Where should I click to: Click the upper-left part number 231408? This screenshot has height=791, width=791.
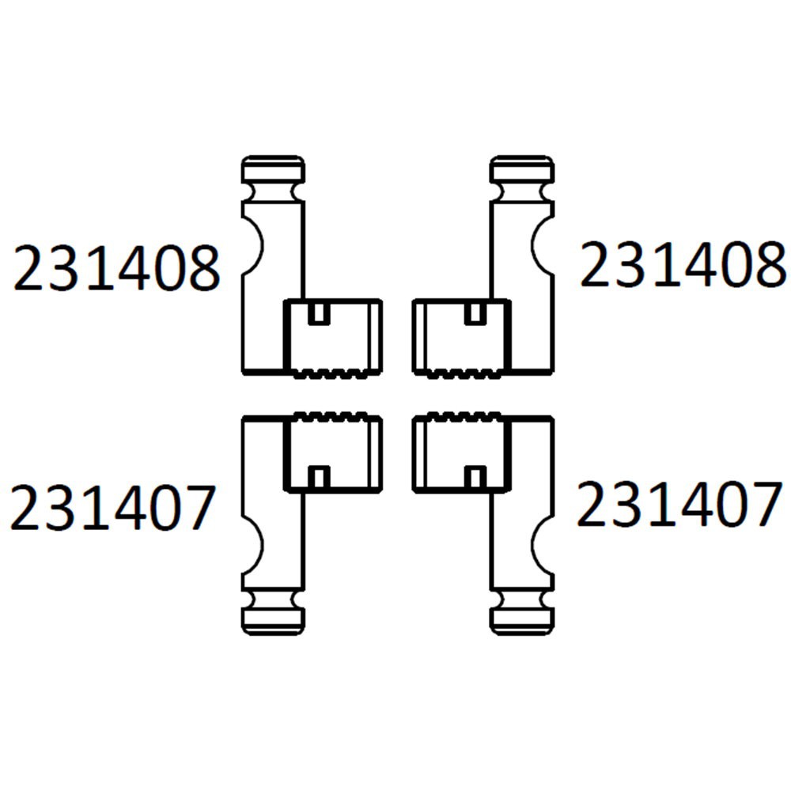116,267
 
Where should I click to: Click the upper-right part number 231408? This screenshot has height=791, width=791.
683,264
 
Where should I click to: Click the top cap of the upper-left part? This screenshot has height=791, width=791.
273,169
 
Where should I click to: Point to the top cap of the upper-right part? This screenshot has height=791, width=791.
522,169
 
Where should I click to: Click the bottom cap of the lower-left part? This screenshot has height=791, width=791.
273,622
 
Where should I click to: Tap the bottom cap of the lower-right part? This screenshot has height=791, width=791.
522,622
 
